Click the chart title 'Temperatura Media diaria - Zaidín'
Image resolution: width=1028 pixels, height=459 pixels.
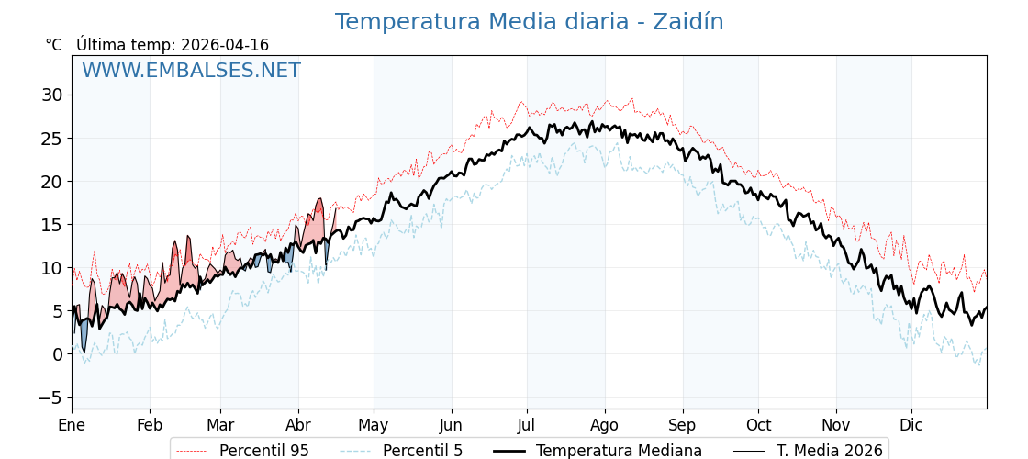pyautogui.click(x=529, y=22)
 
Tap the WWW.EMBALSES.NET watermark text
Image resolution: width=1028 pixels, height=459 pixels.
pyautogui.click(x=191, y=71)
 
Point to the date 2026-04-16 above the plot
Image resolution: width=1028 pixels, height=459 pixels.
pyautogui.click(x=225, y=45)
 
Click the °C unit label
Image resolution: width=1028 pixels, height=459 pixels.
pyautogui.click(x=54, y=45)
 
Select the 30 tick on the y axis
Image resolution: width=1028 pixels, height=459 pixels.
pyautogui.click(x=51, y=95)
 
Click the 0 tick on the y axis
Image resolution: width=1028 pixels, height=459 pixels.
pyautogui.click(x=57, y=354)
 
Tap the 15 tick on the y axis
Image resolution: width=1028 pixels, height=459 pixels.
pyautogui.click(x=51, y=225)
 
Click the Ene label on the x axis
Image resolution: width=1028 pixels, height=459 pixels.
pyautogui.click(x=72, y=425)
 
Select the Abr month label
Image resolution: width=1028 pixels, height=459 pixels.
pyautogui.click(x=298, y=425)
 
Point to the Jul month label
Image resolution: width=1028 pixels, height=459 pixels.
pyautogui.click(x=527, y=425)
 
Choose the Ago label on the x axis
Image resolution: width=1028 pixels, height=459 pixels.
pyautogui.click(x=605, y=425)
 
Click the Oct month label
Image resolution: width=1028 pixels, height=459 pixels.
pyautogui.click(x=758, y=425)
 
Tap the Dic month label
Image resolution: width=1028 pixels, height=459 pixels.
pyautogui.click(x=911, y=425)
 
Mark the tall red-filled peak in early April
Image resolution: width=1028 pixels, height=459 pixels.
pyautogui.click(x=318, y=220)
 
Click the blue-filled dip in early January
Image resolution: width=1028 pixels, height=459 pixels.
pyautogui.click(x=82, y=336)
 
